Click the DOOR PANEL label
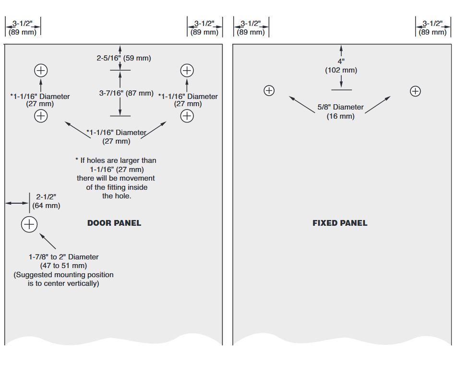(x=114, y=223)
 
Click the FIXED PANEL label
(x=339, y=223)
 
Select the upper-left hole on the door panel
(x=41, y=71)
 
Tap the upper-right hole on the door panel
(x=187, y=71)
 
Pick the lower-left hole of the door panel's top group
(x=41, y=115)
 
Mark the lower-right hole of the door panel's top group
(x=187, y=115)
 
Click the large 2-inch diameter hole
(x=29, y=224)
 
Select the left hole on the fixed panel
(x=269, y=90)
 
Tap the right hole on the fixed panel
(x=415, y=91)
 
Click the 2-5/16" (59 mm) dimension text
(x=124, y=58)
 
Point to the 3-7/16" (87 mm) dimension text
(x=126, y=93)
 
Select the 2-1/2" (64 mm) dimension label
(x=46, y=201)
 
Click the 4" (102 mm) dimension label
(x=341, y=66)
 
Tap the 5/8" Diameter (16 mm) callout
(x=341, y=111)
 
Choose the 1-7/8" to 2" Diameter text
(x=63, y=257)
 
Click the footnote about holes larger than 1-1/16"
(x=116, y=178)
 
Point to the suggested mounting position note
(x=63, y=279)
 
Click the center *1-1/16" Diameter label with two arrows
(x=116, y=136)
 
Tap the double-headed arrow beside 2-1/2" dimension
(x=17, y=203)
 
